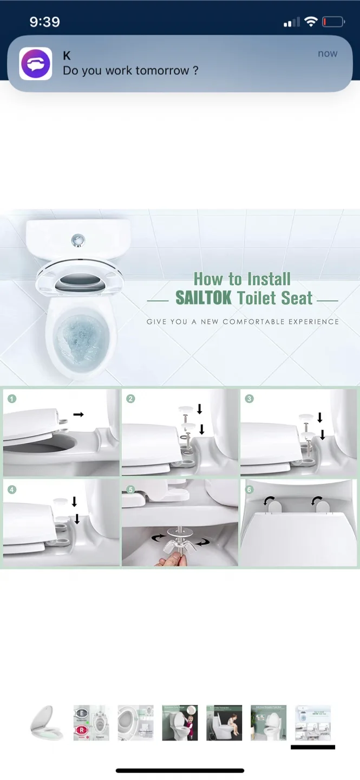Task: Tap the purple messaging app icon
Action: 36,64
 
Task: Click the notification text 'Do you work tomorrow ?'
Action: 130,71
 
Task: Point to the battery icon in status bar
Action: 333,22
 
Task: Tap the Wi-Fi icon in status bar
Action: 310,22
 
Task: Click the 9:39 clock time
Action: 44,22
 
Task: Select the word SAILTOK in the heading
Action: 204,298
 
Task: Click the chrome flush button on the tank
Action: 78,239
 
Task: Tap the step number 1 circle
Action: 12,399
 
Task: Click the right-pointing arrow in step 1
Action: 78,414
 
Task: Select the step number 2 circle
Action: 130,399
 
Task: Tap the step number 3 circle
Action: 249,399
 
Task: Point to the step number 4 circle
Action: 12,490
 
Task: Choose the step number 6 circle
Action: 249,490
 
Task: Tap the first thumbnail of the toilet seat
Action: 47,723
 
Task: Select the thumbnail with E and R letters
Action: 91,723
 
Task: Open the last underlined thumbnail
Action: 312,723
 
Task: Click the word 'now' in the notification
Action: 328,54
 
